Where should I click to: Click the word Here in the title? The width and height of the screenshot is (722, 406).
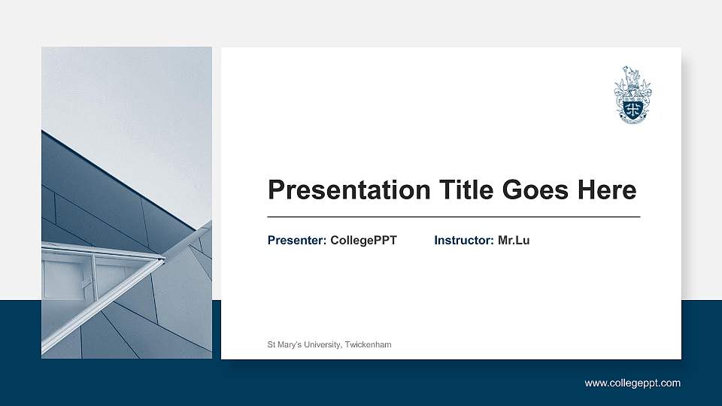tap(607, 190)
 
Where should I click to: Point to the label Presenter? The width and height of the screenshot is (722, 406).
tap(297, 241)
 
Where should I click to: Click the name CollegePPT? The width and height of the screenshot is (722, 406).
tap(363, 241)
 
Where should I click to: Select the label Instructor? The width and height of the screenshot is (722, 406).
tap(464, 241)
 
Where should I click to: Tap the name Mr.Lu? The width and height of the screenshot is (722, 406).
tap(514, 241)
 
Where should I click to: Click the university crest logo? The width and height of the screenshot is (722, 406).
tap(633, 95)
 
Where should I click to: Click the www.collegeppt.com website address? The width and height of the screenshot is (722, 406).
tap(633, 383)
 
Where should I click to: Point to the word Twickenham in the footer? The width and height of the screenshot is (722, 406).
tap(369, 344)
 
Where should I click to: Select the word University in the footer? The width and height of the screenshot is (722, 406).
tap(323, 344)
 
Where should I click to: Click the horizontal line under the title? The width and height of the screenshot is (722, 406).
tap(454, 217)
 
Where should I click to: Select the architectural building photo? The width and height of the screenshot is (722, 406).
tap(126, 203)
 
